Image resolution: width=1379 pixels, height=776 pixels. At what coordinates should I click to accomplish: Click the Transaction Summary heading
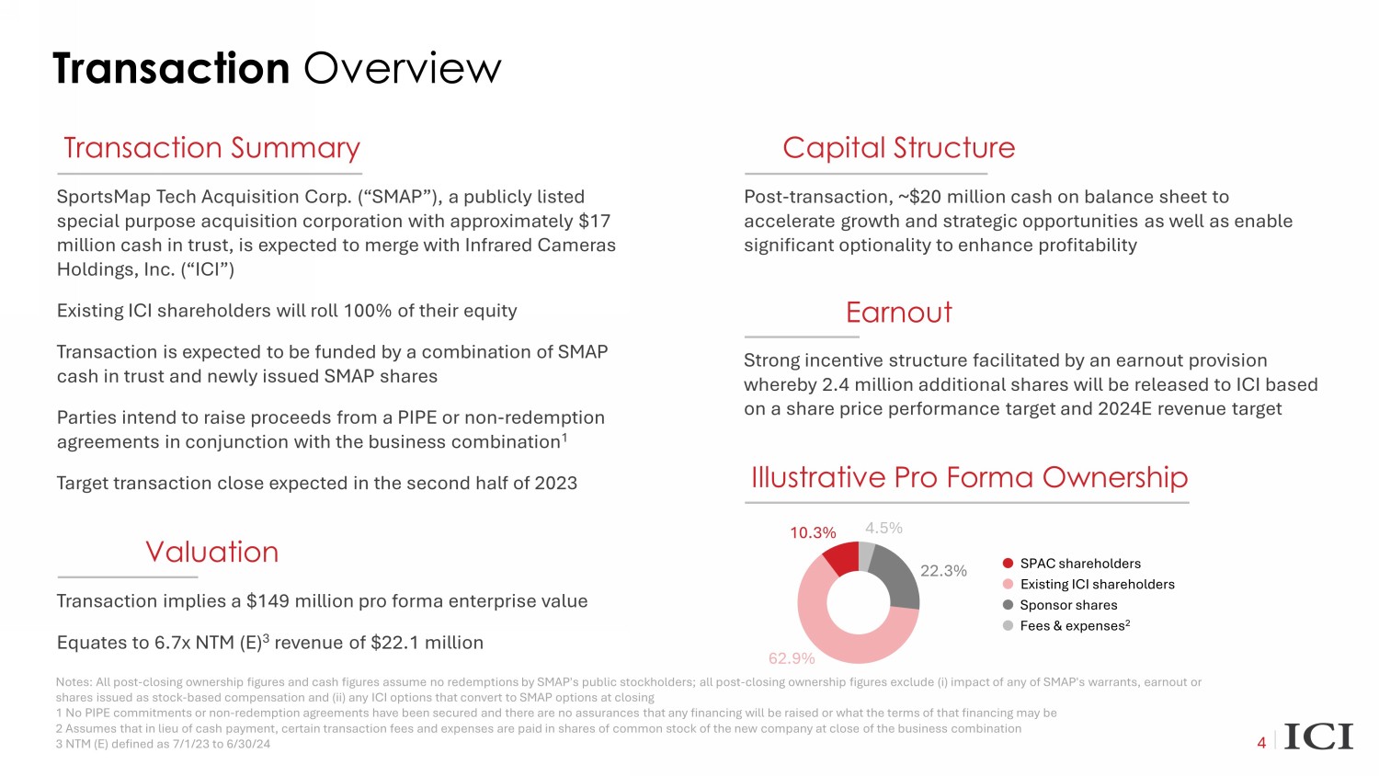pyautogui.click(x=211, y=148)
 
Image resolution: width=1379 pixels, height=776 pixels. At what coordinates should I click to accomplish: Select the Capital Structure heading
pyautogui.click(x=898, y=148)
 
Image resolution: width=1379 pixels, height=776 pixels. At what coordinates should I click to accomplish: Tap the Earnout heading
pyautogui.click(x=898, y=313)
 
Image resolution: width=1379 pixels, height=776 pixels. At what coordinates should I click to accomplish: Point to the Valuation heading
pyautogui.click(x=211, y=552)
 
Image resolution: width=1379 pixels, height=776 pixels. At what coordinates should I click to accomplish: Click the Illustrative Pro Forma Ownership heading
pyautogui.click(x=969, y=477)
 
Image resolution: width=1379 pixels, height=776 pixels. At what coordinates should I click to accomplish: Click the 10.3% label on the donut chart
pyautogui.click(x=813, y=533)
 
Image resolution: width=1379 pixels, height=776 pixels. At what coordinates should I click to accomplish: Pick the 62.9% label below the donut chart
pyautogui.click(x=792, y=658)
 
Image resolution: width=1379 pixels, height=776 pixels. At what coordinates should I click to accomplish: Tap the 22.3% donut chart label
pyautogui.click(x=943, y=571)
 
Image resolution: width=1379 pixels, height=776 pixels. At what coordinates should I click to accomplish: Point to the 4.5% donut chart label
pyautogui.click(x=883, y=528)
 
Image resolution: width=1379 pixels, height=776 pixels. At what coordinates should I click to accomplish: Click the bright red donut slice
pyautogui.click(x=841, y=558)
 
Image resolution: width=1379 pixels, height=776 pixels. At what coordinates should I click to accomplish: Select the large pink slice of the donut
pyautogui.click(x=832, y=634)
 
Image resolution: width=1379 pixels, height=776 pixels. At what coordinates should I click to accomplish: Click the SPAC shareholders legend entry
pyautogui.click(x=1079, y=564)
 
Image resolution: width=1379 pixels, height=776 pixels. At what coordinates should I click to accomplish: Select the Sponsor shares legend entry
pyautogui.click(x=1067, y=605)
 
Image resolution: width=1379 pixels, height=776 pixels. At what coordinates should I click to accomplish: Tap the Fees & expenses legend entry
pyautogui.click(x=1073, y=626)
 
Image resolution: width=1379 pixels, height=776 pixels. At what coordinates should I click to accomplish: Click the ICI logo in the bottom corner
pyautogui.click(x=1318, y=737)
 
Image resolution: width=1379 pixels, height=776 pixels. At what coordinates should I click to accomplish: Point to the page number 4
pyautogui.click(x=1261, y=743)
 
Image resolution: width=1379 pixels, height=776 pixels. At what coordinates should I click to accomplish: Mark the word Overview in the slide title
pyautogui.click(x=402, y=69)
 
